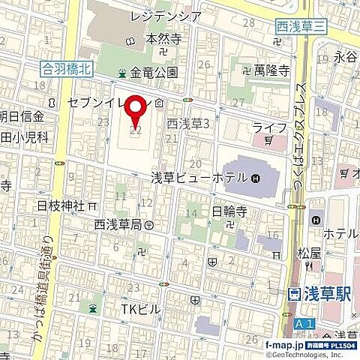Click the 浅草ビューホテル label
click(200, 178)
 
